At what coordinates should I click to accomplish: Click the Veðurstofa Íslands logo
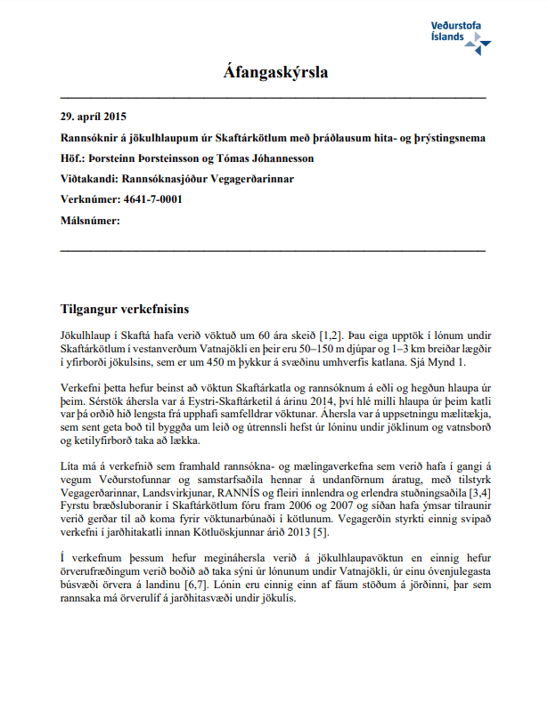click(x=459, y=32)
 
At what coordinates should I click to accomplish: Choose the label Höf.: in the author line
click(x=72, y=158)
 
